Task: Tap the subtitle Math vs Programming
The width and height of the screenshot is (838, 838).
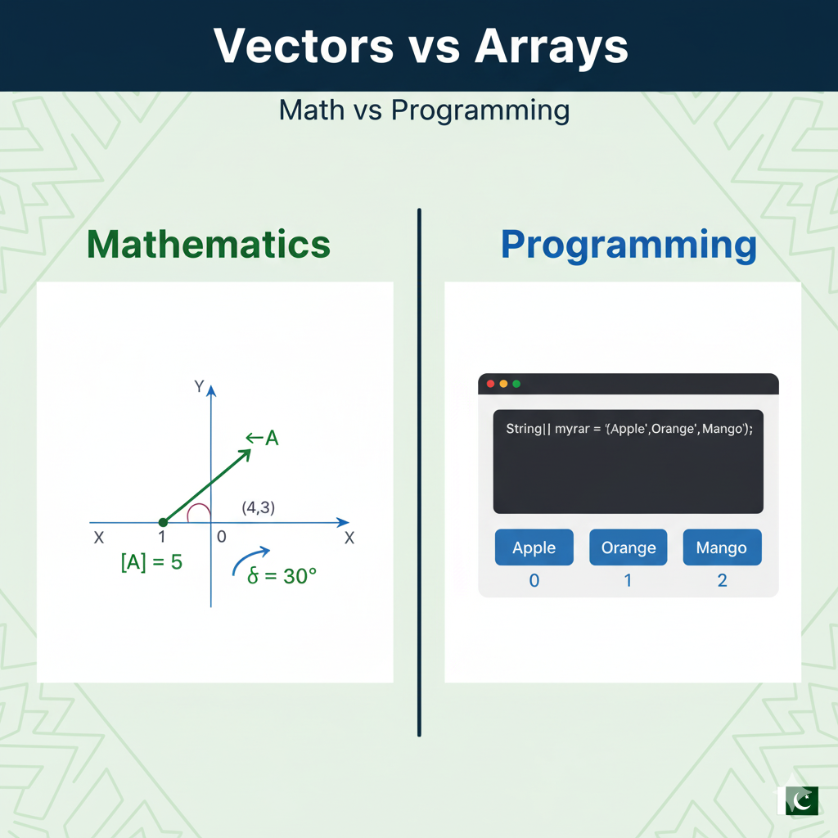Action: click(424, 110)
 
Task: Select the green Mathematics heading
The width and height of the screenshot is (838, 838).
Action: click(209, 245)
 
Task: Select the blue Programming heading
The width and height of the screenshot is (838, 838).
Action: click(628, 245)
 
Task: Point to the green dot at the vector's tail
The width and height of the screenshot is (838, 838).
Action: click(163, 522)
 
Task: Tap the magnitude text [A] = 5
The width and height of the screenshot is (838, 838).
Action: click(151, 563)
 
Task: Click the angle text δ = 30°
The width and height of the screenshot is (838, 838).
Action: click(282, 576)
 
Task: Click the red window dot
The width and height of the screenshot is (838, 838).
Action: click(491, 384)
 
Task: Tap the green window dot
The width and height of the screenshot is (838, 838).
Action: click(516, 384)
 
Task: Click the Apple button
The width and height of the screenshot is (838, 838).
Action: click(534, 547)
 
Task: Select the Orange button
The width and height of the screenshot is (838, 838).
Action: click(628, 547)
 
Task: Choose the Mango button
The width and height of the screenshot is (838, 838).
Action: click(722, 547)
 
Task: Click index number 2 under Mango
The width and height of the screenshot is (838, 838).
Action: click(722, 581)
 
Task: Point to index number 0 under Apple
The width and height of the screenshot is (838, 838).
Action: click(534, 581)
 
